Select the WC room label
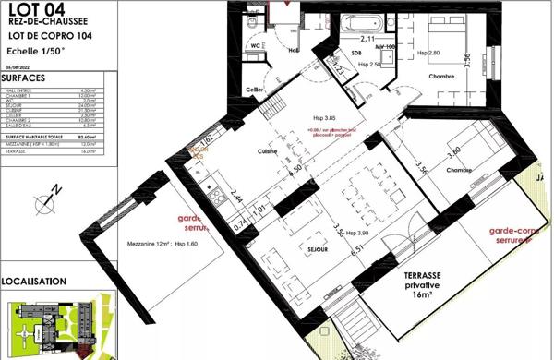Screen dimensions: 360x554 pyautogui.click(x=256, y=42)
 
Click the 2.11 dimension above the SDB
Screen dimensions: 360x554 pyautogui.click(x=367, y=40)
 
